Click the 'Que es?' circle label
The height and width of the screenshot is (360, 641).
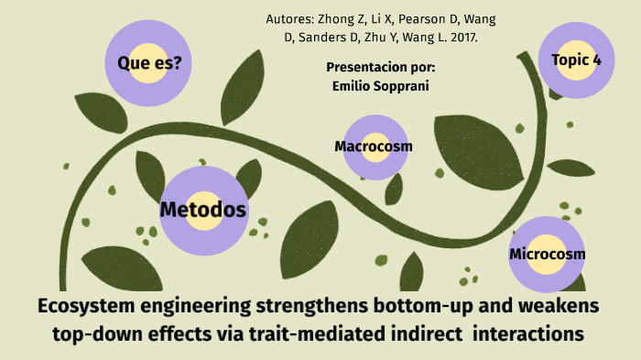pyautogui.click(x=148, y=62)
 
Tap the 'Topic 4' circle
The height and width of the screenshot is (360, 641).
pyautogui.click(x=577, y=60)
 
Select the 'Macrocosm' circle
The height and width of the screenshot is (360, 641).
pyautogui.click(x=374, y=146)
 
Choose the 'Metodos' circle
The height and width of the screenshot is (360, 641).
pyautogui.click(x=203, y=210)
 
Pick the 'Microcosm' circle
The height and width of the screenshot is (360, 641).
pyautogui.click(x=548, y=254)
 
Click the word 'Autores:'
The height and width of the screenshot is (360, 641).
pyautogui.click(x=289, y=19)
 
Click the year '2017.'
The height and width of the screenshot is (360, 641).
pyautogui.click(x=461, y=39)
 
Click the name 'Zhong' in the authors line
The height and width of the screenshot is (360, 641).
pyautogui.click(x=335, y=19)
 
